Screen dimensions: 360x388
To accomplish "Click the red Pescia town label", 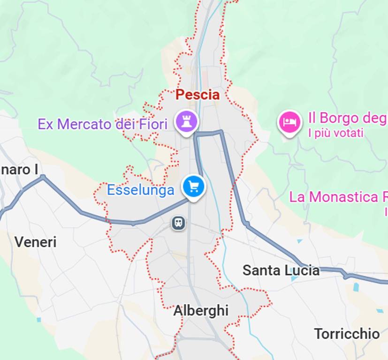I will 198,95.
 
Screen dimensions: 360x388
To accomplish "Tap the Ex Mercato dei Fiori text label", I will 102,124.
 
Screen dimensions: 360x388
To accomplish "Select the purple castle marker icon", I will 187,121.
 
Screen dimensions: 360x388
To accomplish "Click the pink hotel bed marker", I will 289,122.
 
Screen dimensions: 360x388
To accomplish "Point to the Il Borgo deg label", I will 347,118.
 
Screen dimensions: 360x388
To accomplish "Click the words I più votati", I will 335,133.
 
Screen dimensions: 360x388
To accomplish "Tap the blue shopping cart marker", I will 194,187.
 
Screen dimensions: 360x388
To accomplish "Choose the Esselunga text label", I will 140,190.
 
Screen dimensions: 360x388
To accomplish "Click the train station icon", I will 178,223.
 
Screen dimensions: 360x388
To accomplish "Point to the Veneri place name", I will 35,242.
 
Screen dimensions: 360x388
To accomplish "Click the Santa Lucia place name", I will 281,270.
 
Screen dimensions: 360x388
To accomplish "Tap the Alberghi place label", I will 201,310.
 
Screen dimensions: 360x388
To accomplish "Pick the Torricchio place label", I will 347,334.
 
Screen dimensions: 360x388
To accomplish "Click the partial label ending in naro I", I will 19,169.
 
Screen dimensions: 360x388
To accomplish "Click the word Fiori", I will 153,124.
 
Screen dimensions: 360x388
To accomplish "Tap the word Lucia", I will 302,270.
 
